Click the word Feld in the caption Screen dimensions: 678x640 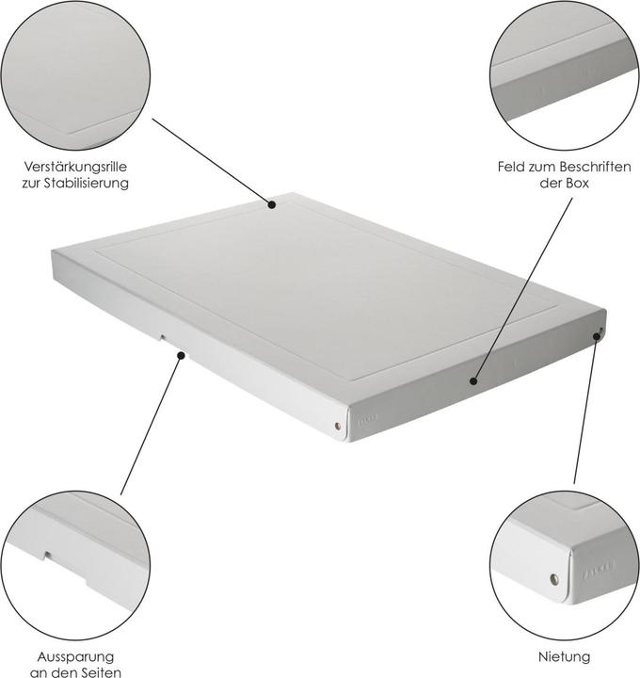click(513, 167)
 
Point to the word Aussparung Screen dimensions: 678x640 click(75, 655)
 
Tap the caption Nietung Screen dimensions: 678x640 click(565, 655)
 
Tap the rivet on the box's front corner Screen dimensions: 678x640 click(338, 427)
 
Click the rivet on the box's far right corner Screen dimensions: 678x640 click(599, 331)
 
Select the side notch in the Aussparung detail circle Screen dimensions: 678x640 click(45, 554)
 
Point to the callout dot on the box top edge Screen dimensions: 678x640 click(271, 202)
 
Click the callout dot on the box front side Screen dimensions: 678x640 click(473, 382)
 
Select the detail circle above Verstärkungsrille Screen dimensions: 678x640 click(75, 75)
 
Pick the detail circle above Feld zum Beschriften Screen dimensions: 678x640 click(565, 75)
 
